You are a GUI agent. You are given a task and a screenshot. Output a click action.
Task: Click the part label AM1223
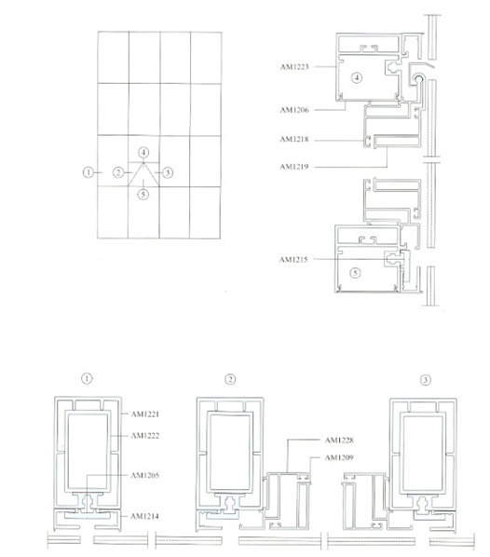tap(294, 67)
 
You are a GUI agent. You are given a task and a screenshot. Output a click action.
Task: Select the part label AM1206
tap(294, 110)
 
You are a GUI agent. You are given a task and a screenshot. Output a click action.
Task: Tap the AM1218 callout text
tap(294, 140)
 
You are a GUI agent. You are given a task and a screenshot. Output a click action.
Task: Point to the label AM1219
tap(294, 167)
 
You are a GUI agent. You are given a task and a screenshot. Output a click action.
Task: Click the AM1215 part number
tap(293, 260)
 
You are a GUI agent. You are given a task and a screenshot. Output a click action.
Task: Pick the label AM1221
tap(145, 414)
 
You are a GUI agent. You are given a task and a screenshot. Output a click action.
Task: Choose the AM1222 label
tap(145, 436)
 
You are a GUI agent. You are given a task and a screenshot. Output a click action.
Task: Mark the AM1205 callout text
tap(145, 475)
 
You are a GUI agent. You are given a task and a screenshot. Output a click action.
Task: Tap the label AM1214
tap(144, 516)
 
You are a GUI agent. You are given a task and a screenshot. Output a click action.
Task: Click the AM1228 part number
tap(339, 441)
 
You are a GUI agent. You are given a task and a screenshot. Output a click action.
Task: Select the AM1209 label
tap(339, 457)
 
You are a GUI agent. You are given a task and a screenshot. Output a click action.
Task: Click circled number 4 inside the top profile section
tap(357, 77)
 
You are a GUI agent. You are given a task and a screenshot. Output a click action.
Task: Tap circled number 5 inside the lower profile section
tap(355, 273)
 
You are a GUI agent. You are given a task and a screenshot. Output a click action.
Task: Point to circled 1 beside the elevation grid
tap(88, 172)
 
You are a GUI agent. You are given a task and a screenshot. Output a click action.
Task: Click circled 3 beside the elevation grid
tap(168, 173)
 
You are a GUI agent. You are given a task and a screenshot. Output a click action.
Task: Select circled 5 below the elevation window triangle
tap(143, 195)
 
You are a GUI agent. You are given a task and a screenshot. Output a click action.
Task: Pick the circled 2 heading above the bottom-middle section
tap(230, 379)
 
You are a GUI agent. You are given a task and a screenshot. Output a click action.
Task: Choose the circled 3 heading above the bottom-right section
tap(426, 380)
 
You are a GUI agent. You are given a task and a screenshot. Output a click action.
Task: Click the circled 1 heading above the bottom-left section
tap(87, 378)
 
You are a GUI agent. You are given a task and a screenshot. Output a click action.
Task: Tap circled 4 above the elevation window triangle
tap(143, 153)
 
